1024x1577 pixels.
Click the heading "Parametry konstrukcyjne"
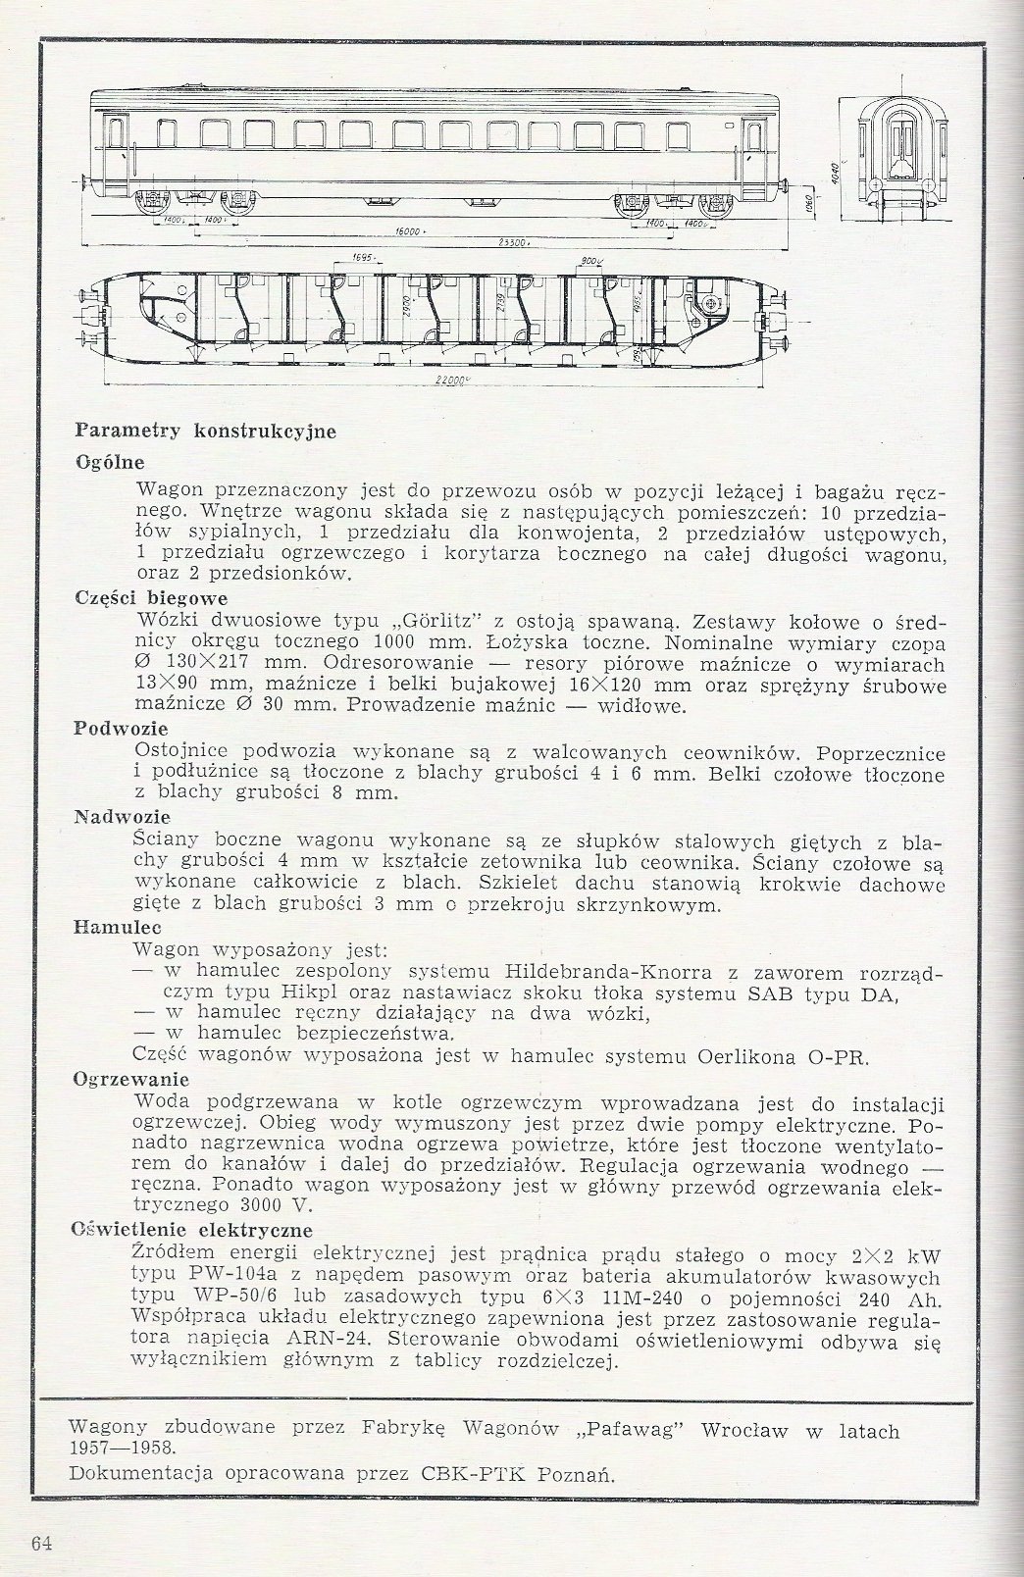206,430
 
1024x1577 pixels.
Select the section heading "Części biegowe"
151,596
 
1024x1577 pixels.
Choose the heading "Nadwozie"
123,816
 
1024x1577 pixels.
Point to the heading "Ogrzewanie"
130,1078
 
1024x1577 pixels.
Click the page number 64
41,1543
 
